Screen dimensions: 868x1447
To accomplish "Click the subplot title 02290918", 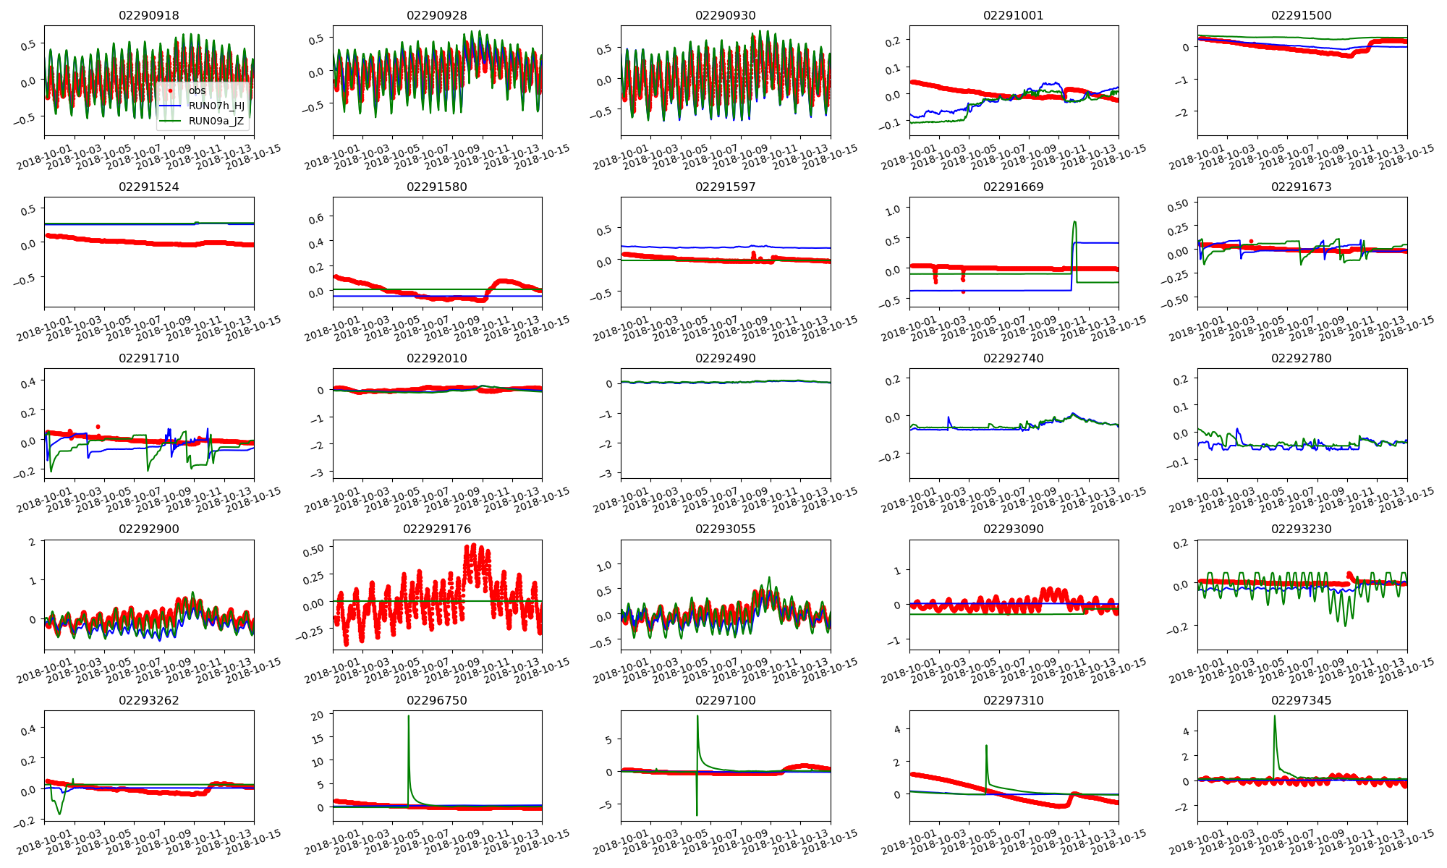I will tap(149, 15).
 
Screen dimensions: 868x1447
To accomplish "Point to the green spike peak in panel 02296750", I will tap(408, 716).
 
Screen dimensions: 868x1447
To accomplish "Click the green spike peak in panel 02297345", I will tap(1274, 716).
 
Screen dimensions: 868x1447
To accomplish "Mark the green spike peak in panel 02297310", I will tap(986, 746).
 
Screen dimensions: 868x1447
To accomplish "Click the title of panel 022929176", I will tap(437, 529).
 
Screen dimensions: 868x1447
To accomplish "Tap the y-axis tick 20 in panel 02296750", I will tap(317, 715).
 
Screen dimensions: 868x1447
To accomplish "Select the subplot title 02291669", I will tap(1014, 187).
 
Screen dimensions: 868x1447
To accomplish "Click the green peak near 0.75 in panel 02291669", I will tap(1074, 221).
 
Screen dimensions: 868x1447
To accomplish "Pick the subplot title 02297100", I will tap(725, 700).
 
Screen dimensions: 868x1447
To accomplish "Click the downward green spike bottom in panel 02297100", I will tap(697, 815).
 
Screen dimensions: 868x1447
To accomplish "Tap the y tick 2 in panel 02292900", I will tap(32, 542).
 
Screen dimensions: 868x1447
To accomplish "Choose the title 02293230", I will tap(1302, 529).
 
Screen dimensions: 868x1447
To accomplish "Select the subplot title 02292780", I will tap(1302, 358).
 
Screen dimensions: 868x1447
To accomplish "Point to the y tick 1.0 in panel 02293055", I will tap(603, 566).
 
